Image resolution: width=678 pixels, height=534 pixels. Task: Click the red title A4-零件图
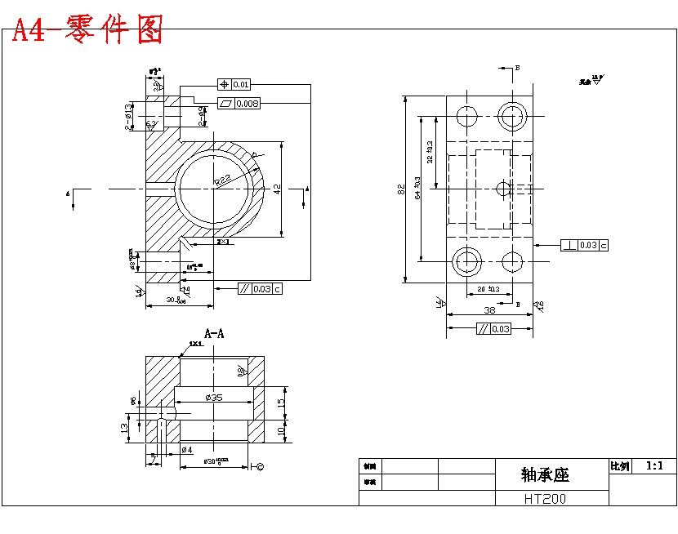(x=87, y=30)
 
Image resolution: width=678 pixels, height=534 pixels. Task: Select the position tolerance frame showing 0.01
(x=234, y=84)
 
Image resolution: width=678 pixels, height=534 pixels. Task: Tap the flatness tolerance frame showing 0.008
(x=239, y=104)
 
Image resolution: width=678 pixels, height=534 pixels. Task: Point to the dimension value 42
(x=277, y=189)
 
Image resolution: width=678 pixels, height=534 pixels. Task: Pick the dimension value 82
(x=400, y=189)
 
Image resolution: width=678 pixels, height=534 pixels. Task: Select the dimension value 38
(x=489, y=310)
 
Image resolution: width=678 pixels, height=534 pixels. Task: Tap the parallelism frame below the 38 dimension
(x=493, y=329)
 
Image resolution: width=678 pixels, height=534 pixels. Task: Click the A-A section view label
(x=215, y=333)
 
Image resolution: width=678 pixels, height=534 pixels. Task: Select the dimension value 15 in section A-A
(x=280, y=403)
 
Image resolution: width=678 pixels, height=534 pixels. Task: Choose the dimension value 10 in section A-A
(x=280, y=429)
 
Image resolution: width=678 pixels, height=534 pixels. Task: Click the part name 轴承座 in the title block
(x=545, y=474)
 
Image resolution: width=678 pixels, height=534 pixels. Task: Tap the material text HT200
(x=545, y=498)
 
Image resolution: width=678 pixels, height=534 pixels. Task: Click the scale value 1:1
(x=655, y=466)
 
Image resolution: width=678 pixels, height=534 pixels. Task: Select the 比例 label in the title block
(x=620, y=466)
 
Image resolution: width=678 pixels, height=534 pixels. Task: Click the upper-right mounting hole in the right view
(x=513, y=115)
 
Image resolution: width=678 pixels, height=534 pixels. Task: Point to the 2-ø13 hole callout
(x=129, y=117)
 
